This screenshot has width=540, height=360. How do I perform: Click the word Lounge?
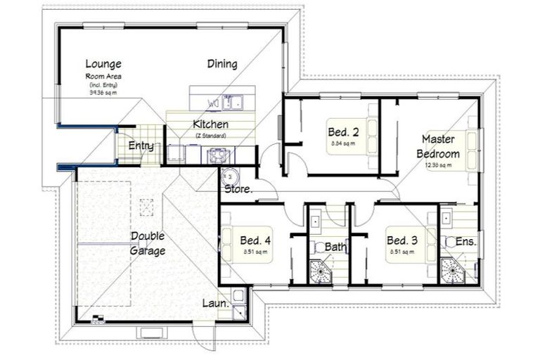point(103,63)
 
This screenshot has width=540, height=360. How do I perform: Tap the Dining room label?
point(221,64)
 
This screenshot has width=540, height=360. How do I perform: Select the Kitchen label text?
point(210,124)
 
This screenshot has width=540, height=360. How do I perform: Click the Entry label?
point(141,146)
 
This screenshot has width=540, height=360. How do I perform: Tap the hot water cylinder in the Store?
point(229,176)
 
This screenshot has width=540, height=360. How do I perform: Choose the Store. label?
point(238,189)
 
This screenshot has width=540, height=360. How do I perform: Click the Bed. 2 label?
point(343,131)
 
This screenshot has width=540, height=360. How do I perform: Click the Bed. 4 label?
point(255,240)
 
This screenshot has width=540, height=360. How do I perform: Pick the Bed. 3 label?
point(403,240)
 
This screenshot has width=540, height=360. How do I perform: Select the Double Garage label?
point(148,244)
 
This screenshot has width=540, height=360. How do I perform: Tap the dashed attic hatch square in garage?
point(147,206)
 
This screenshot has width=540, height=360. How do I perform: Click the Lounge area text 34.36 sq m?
point(103,92)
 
